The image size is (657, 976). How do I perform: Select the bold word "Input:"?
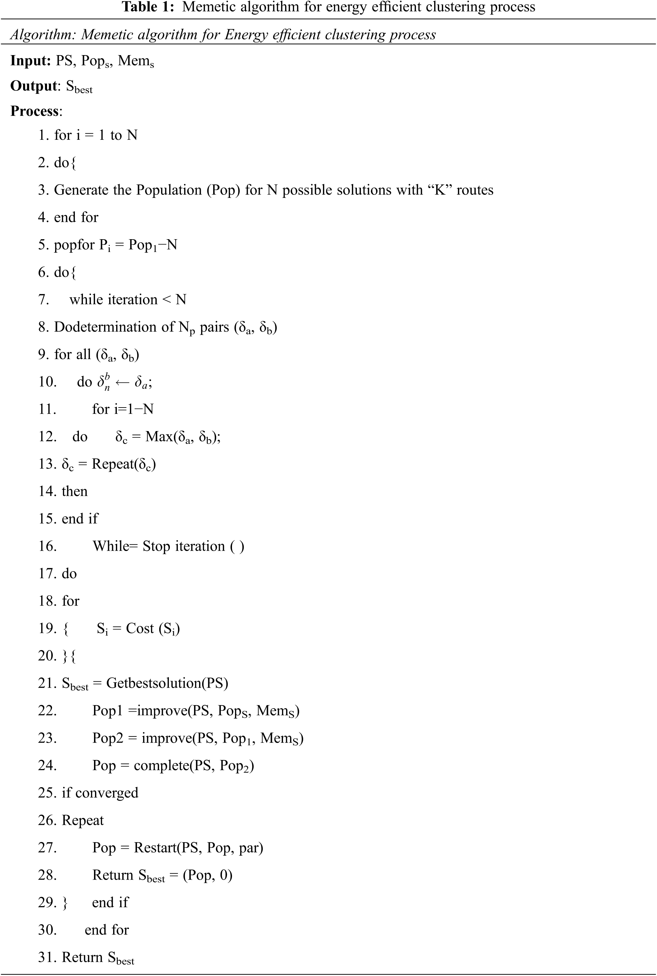(x=31, y=61)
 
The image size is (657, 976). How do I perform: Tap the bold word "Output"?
(x=34, y=86)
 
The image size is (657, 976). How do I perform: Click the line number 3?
(x=43, y=190)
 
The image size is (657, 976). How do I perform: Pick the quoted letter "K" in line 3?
(x=440, y=190)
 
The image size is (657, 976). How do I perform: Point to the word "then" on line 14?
(x=75, y=491)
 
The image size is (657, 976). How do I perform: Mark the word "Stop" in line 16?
(x=156, y=546)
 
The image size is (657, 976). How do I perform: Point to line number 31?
(x=47, y=957)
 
